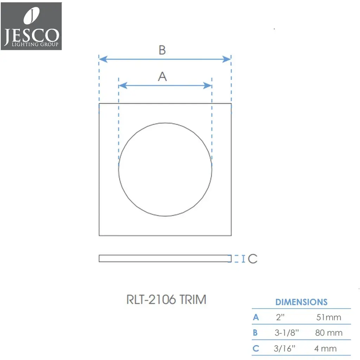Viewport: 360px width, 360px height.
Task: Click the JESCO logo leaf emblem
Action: [x=31, y=15]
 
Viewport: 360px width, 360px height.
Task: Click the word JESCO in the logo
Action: [x=31, y=36]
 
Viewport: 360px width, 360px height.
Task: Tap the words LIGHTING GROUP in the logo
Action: [x=35, y=44]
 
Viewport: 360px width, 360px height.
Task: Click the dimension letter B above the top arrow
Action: [x=162, y=50]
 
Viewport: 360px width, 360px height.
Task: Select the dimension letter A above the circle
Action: [x=162, y=76]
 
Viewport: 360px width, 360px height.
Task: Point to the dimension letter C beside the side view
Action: [x=252, y=259]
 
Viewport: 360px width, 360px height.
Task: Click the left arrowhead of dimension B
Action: [x=103, y=59]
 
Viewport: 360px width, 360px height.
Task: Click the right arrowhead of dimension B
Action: [x=227, y=59]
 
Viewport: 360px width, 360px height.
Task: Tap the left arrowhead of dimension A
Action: [x=123, y=86]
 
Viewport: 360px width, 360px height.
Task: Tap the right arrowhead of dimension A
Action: [x=207, y=86]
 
